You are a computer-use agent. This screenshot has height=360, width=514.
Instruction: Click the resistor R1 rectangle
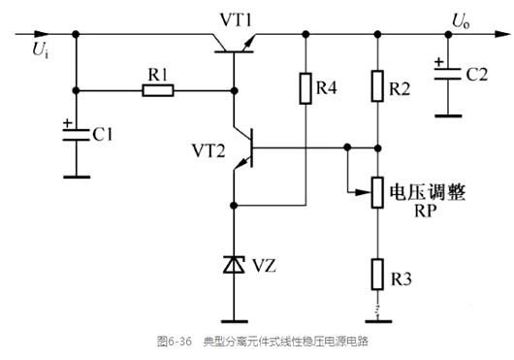[x=158, y=91]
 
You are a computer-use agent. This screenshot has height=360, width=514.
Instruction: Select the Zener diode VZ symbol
[x=234, y=264]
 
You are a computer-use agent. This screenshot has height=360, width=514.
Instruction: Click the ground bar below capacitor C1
[x=76, y=176]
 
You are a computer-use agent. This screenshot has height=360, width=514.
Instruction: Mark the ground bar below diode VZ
[x=234, y=319]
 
